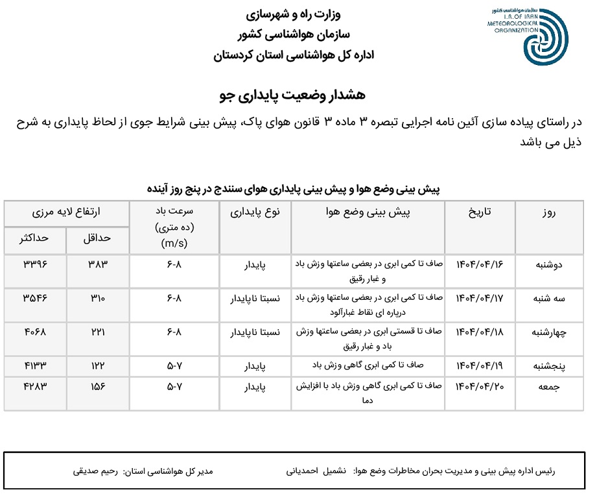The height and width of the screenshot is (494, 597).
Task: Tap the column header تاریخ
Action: [x=480, y=212]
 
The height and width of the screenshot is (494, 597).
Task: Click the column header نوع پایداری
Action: [x=255, y=212]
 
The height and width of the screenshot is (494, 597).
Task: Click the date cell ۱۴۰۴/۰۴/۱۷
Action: [x=480, y=299]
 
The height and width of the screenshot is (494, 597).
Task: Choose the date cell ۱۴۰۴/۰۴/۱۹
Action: [x=480, y=366]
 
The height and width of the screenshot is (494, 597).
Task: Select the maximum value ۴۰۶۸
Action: [x=36, y=332]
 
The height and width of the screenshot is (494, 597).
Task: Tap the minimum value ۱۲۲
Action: [x=99, y=366]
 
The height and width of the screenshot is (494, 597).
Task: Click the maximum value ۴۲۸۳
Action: [x=36, y=386]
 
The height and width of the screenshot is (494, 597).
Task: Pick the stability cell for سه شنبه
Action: [x=256, y=299]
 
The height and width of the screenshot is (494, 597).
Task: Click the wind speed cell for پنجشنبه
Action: [x=174, y=366]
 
